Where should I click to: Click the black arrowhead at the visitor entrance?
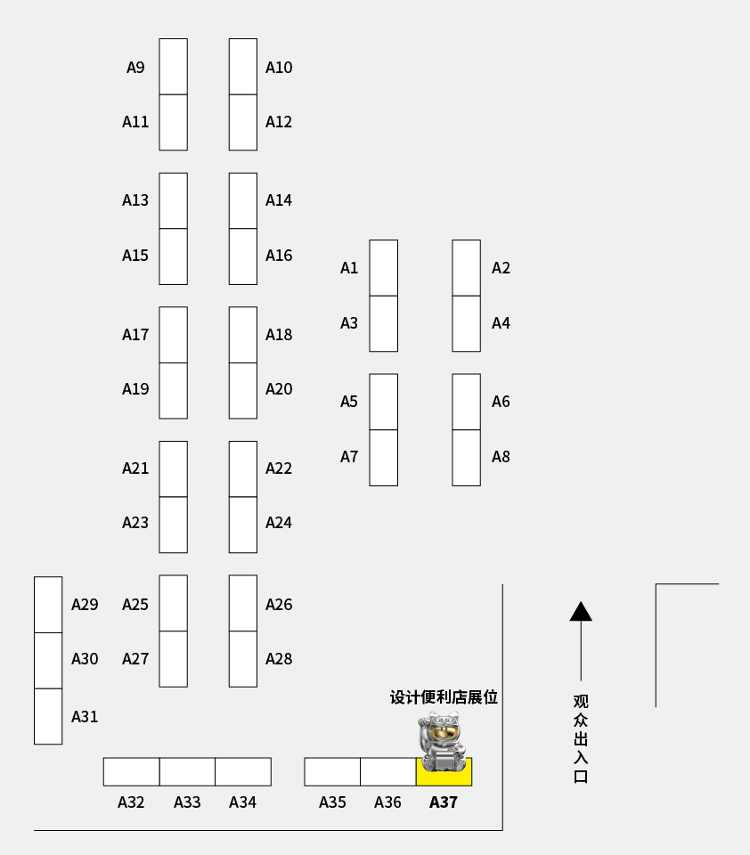pos(581,611)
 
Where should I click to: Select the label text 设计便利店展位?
pos(444,697)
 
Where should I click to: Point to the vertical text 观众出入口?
pos(581,738)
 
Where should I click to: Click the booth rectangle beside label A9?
pos(173,66)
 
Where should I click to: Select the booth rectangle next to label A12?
pos(243,122)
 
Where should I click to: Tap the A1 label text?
pos(349,268)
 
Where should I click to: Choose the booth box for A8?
pos(466,458)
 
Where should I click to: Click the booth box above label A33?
pos(187,771)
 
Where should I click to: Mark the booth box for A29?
pos(48,605)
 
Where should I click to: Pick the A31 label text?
pos(85,717)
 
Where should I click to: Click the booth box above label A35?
pos(332,771)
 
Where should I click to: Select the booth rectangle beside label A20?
pos(243,390)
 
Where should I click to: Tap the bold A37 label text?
pos(444,802)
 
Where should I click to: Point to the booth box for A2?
pos(466,267)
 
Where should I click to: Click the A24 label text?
pos(279,523)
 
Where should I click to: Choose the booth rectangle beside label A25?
pos(173,603)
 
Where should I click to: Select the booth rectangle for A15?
pos(173,256)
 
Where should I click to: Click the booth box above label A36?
pos(387,771)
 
